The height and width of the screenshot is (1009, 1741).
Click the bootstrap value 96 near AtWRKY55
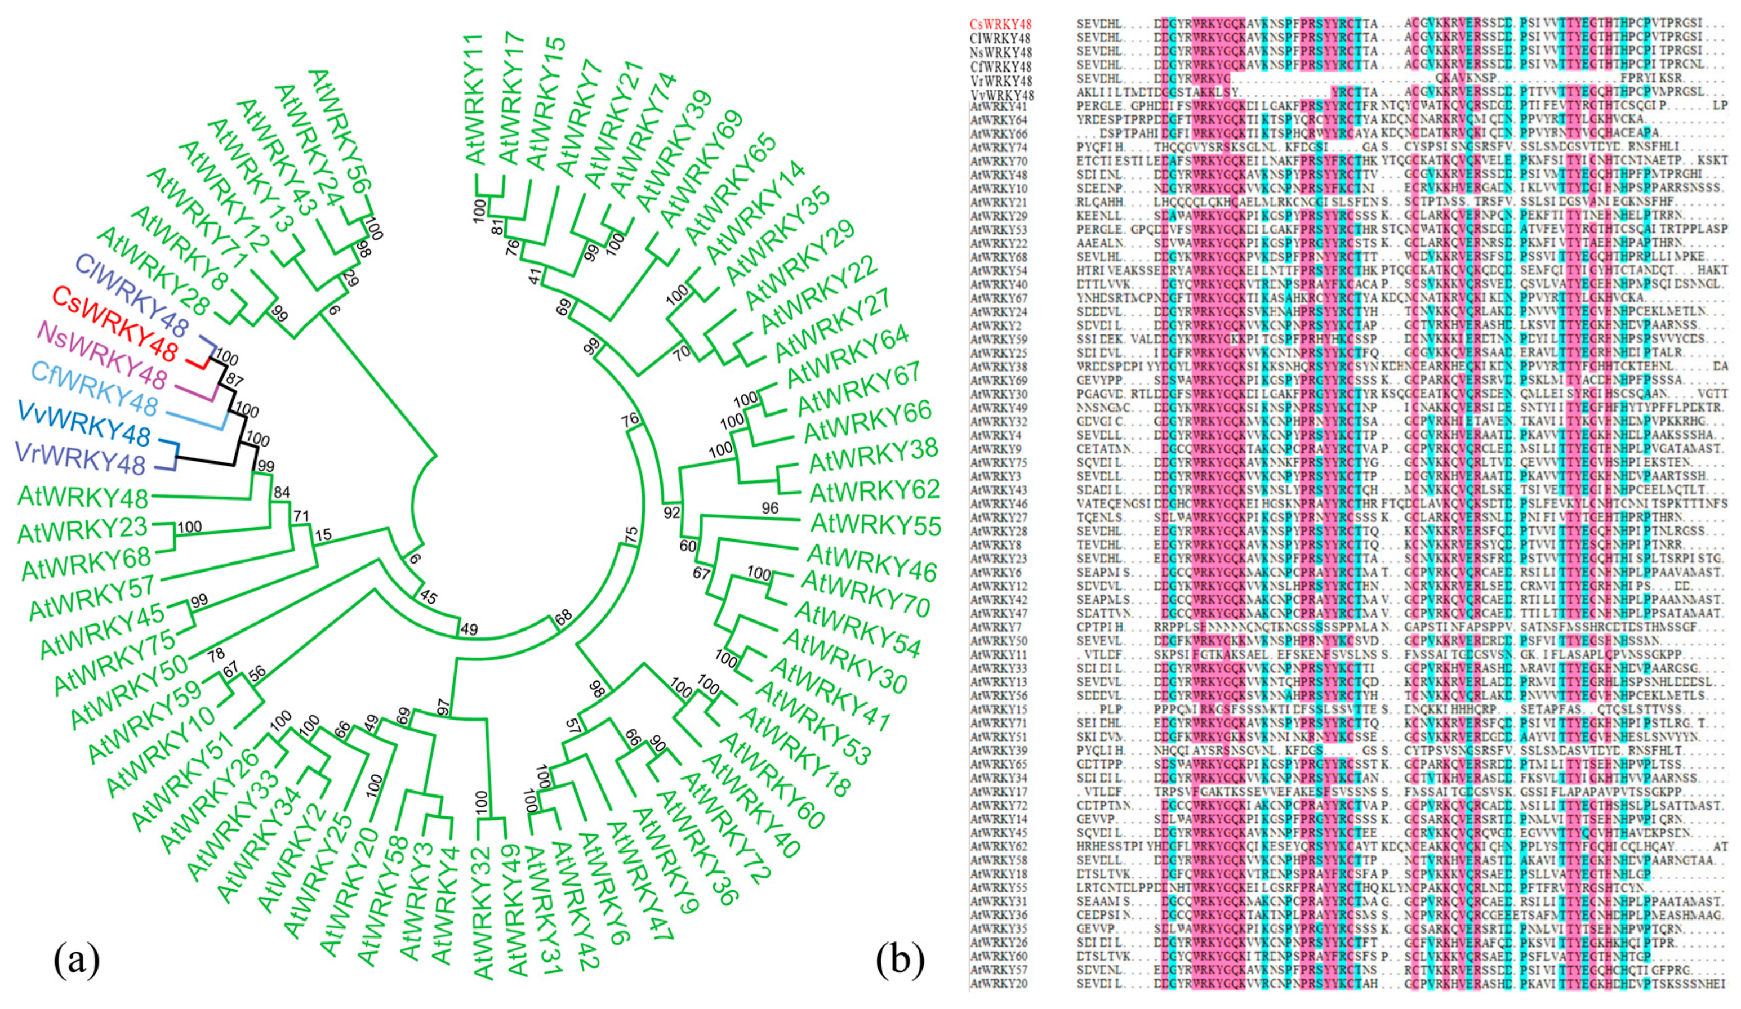(x=769, y=508)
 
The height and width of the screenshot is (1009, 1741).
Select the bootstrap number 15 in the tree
(x=323, y=534)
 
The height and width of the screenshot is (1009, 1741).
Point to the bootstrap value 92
(x=671, y=512)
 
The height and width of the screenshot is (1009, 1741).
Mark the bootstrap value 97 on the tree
(x=443, y=707)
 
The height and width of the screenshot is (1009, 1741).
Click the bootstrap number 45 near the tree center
(x=428, y=597)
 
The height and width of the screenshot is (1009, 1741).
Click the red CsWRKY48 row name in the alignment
(x=1000, y=24)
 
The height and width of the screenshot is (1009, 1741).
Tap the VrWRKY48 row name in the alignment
(x=1000, y=79)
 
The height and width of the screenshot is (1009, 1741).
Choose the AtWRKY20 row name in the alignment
(x=999, y=984)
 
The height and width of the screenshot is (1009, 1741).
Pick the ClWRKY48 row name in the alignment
(x=1000, y=38)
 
